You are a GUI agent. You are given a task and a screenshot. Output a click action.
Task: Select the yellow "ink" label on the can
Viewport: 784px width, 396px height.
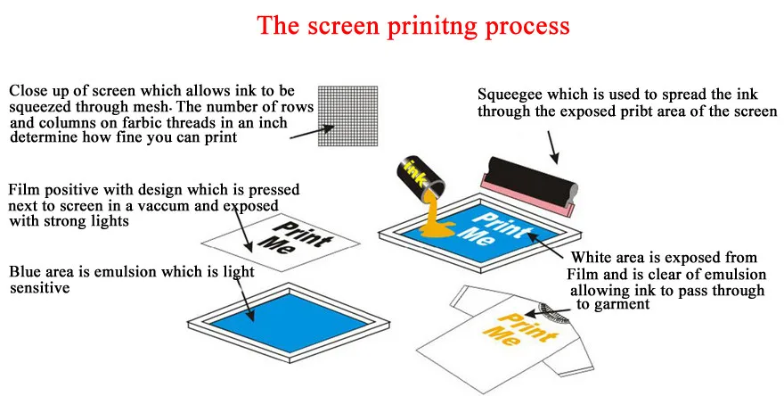pyautogui.click(x=415, y=169)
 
